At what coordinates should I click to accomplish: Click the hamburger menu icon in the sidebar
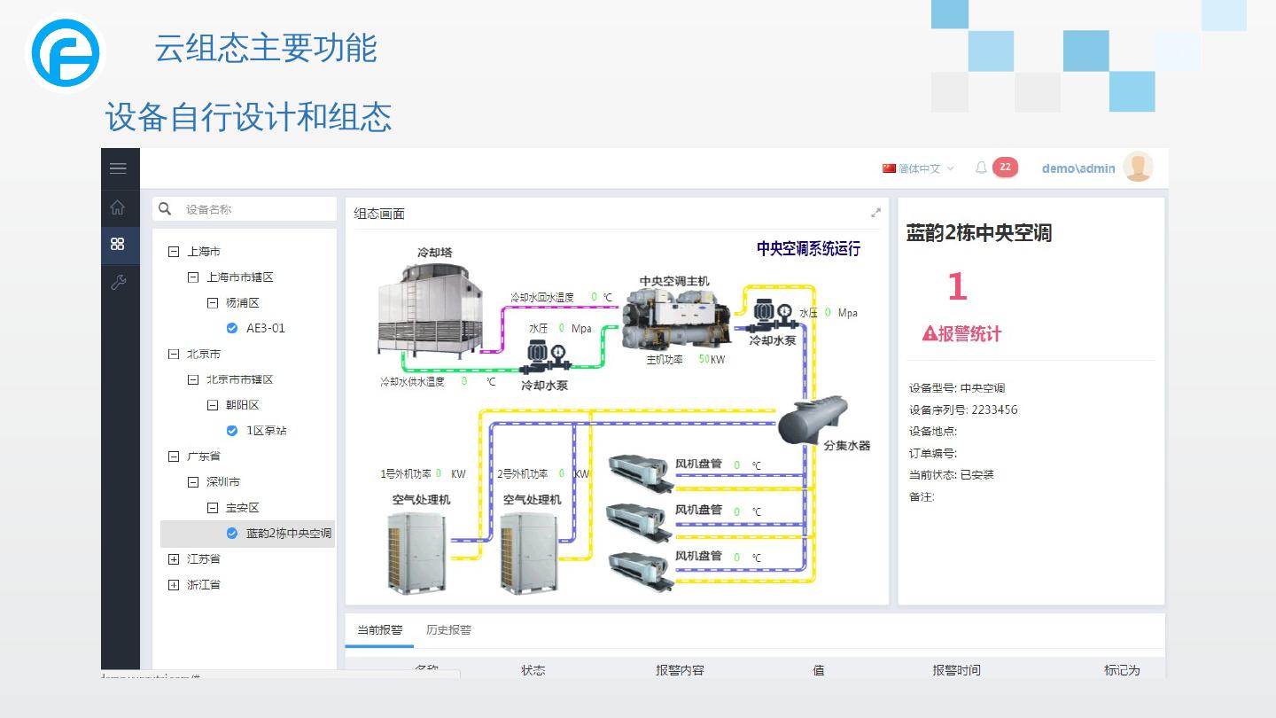click(x=118, y=168)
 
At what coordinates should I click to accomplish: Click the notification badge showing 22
click(x=1005, y=167)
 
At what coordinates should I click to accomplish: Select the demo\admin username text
click(x=1078, y=168)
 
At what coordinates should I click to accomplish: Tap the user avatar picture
click(x=1138, y=167)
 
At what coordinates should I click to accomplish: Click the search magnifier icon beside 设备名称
click(x=165, y=209)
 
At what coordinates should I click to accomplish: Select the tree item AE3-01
click(x=265, y=328)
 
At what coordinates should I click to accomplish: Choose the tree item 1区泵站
click(x=266, y=431)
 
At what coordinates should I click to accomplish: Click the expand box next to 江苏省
click(x=174, y=559)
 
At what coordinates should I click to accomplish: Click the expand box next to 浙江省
click(x=174, y=585)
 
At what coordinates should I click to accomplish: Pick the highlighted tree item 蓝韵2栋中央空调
click(x=288, y=534)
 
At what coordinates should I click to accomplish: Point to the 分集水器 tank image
click(x=813, y=420)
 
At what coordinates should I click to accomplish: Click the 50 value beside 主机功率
click(x=704, y=359)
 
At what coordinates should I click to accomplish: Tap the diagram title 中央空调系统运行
click(x=808, y=249)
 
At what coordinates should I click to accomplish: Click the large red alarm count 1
click(x=957, y=287)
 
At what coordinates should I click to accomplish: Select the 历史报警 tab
click(x=448, y=630)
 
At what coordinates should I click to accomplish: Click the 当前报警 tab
click(x=379, y=630)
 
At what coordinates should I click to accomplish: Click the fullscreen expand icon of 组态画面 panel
click(x=876, y=213)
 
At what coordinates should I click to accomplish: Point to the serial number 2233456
click(x=994, y=410)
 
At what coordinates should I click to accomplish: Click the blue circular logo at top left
click(x=66, y=53)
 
